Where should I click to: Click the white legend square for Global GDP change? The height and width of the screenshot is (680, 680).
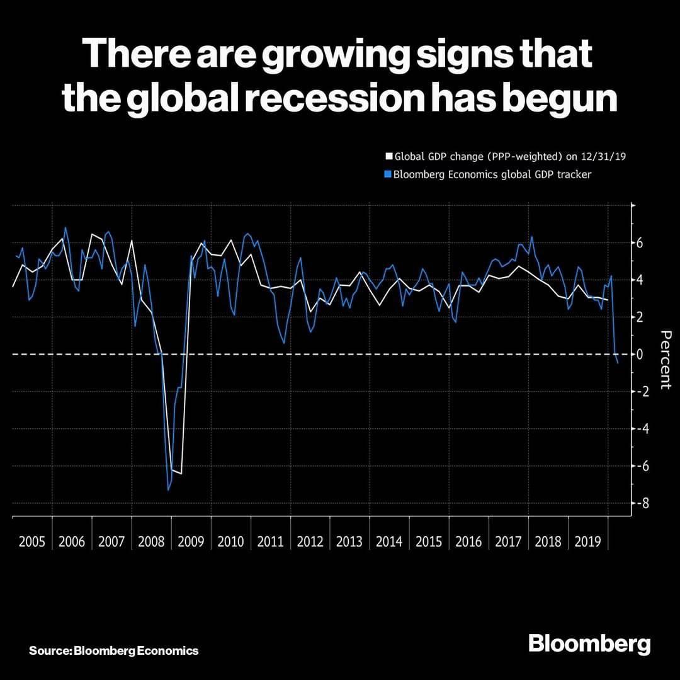pyautogui.click(x=388, y=156)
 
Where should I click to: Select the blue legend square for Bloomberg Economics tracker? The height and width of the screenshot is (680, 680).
pyautogui.click(x=388, y=174)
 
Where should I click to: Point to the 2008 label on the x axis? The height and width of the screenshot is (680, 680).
pyautogui.click(x=150, y=541)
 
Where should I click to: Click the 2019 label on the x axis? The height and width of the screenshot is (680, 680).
pyautogui.click(x=587, y=541)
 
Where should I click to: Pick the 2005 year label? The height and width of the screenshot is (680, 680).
pyautogui.click(x=32, y=541)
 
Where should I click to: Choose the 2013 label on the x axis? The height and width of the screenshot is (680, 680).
pyautogui.click(x=349, y=541)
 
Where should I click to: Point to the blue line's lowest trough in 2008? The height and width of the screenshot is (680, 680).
pyautogui.click(x=168, y=490)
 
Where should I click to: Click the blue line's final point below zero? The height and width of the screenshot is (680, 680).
pyautogui.click(x=618, y=363)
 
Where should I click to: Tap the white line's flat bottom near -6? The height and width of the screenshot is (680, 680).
pyautogui.click(x=176, y=472)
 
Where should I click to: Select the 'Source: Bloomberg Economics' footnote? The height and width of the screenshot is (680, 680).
pyautogui.click(x=113, y=650)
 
